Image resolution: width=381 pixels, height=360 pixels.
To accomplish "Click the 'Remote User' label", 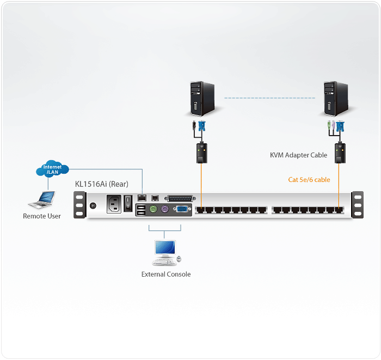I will coord(42,216).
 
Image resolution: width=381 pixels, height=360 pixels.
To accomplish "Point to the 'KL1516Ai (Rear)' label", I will coord(102,184).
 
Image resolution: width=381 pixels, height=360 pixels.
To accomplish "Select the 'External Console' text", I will coord(166,274).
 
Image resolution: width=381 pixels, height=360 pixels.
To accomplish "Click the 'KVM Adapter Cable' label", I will coord(299,155).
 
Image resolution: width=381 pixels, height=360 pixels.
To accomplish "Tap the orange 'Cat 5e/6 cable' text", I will coord(309,179).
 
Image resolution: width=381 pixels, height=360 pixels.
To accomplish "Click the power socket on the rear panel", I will coord(115,204).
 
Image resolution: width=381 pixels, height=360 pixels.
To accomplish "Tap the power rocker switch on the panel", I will coord(128,203).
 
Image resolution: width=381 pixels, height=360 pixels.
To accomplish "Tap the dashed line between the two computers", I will coord(270,98).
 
